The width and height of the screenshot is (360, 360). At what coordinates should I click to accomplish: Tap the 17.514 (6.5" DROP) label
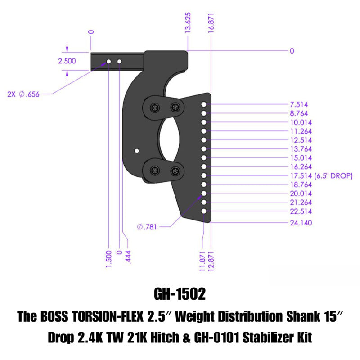coord(319,175)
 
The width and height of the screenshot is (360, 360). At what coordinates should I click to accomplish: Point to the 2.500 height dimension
coord(67,61)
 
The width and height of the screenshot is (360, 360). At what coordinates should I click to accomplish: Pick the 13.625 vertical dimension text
coord(189,32)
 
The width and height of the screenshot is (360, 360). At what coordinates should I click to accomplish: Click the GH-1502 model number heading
coord(180,294)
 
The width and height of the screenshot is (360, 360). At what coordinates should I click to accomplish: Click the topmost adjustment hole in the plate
coord(204,104)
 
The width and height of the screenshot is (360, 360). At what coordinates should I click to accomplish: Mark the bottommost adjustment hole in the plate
coord(204,211)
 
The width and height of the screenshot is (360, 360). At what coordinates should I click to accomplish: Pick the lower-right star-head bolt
coord(175,171)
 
